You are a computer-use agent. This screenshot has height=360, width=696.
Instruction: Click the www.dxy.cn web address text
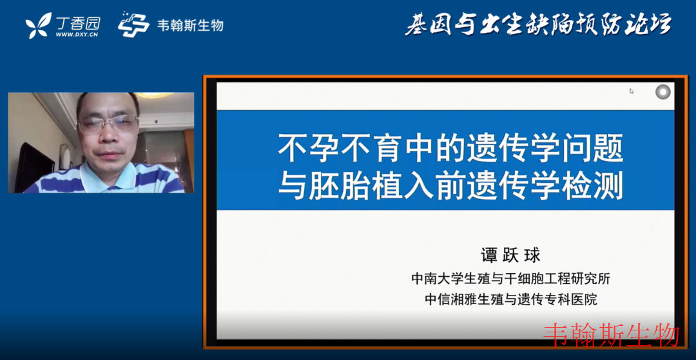[76, 34]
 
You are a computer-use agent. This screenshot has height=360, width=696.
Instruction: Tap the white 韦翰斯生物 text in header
[190, 25]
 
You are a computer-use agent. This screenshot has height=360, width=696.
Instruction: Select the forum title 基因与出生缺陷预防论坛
[538, 24]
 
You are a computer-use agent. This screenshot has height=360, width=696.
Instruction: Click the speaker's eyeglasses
[108, 124]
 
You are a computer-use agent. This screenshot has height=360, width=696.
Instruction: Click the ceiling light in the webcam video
[153, 95]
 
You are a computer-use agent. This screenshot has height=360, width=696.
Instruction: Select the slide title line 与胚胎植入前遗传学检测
[450, 186]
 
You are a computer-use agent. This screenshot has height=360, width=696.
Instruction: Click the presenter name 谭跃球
[512, 256]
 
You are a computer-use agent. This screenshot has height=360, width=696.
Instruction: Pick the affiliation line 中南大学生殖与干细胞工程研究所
[511, 279]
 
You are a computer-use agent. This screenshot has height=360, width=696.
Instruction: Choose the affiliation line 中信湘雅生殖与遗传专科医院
[511, 299]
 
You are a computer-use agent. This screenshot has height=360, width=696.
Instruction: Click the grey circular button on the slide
[662, 92]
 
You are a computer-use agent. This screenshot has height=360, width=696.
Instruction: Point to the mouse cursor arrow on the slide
[631, 91]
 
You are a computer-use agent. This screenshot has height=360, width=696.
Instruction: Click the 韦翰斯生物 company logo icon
[133, 24]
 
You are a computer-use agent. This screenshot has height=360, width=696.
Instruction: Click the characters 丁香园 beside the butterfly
[78, 22]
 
